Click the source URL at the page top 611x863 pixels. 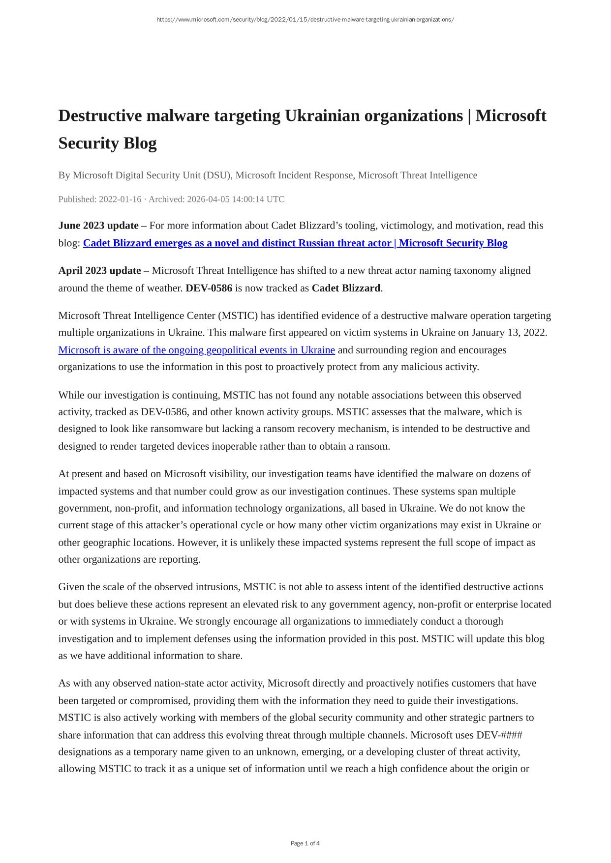click(305, 20)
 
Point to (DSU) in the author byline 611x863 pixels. click(219, 175)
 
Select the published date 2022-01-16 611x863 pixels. click(120, 199)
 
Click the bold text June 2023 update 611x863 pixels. click(98, 226)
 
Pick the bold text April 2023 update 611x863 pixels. click(99, 271)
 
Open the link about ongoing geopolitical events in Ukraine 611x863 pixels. click(196, 350)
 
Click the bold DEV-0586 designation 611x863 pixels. click(209, 288)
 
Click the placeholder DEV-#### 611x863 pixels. click(499, 735)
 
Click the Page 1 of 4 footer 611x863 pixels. click(305, 843)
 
